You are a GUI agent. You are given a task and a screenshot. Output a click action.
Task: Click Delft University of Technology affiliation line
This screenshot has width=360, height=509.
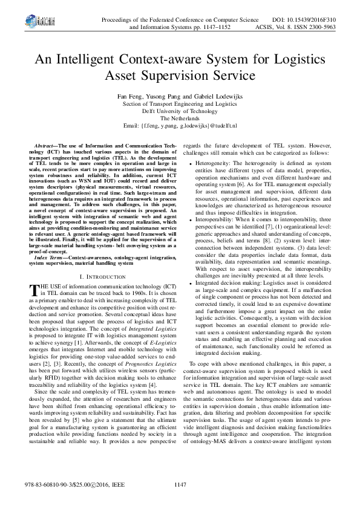[x=179, y=111]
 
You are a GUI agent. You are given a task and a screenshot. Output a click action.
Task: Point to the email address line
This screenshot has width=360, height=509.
[x=180, y=126]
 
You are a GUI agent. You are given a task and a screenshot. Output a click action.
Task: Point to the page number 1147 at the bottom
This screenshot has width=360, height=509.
[x=180, y=484]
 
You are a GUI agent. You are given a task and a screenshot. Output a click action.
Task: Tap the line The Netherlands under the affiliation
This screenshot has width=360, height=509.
[x=179, y=118]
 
